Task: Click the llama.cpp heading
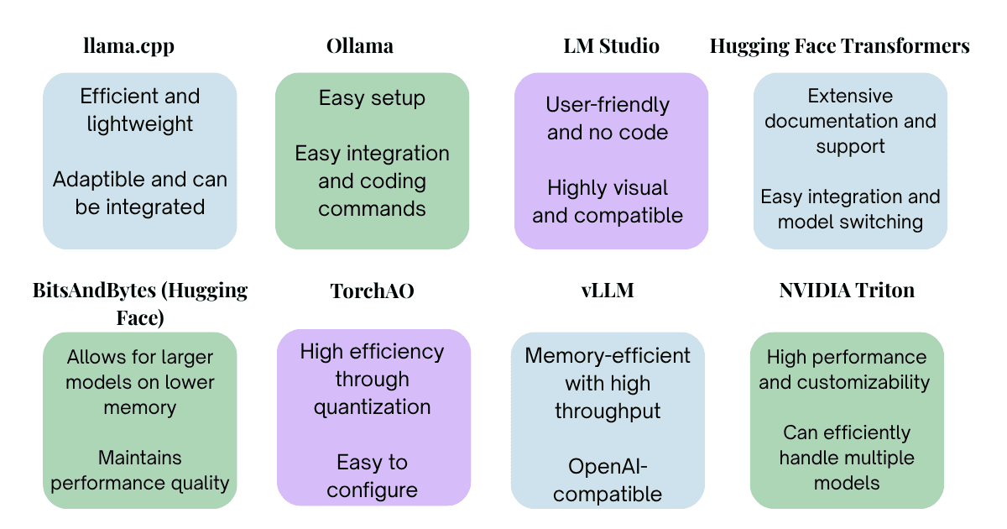pos(129,46)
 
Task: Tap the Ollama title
pos(360,46)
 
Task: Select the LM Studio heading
pos(612,46)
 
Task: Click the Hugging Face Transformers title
pos(840,46)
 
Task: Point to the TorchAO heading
pos(373,291)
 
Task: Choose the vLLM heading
pos(608,291)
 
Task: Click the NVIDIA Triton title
pos(847,291)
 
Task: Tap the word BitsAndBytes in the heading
pos(94,291)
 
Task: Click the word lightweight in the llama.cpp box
pos(140,124)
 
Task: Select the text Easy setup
pos(373,98)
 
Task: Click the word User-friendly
pos(608,105)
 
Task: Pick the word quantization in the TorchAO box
pos(373,407)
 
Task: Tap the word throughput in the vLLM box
pos(608,411)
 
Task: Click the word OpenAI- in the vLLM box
pos(608,467)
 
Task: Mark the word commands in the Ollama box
pos(373,209)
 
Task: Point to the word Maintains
pos(140,458)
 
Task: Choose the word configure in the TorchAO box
pos(373,490)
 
